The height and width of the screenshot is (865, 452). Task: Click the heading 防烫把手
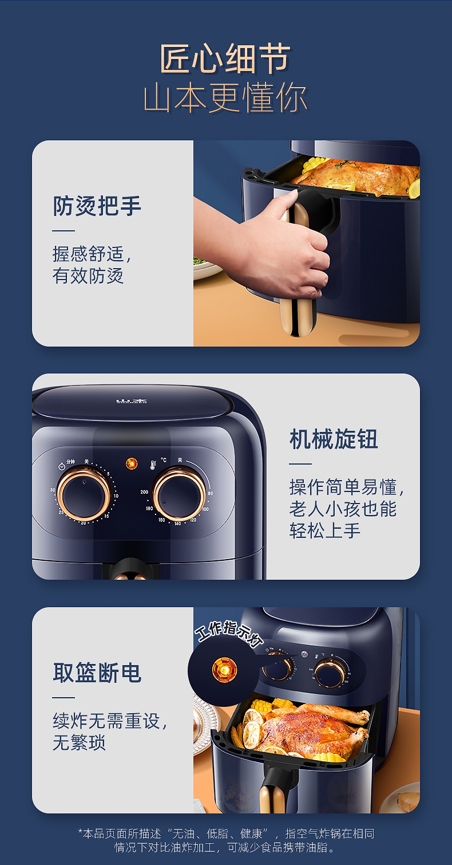(x=97, y=206)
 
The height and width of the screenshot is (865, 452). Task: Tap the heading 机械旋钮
(x=334, y=439)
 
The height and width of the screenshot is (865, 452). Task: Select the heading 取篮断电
(x=97, y=673)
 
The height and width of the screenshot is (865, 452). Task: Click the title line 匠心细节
(x=225, y=58)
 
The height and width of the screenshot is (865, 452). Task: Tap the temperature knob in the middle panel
(x=179, y=493)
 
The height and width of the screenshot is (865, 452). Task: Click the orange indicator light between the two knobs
(x=132, y=463)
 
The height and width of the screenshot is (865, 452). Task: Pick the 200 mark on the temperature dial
(x=144, y=492)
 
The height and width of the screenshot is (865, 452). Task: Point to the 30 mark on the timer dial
(x=53, y=490)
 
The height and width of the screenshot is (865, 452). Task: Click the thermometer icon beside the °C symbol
(x=153, y=465)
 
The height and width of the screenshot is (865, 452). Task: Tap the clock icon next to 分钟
(x=62, y=466)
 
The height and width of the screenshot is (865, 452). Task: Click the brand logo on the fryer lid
(x=131, y=400)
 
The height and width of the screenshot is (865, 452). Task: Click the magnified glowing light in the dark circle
(x=224, y=670)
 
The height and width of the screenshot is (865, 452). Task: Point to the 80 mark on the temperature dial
(x=210, y=493)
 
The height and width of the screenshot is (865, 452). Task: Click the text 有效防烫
(x=88, y=276)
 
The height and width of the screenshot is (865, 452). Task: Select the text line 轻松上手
(x=325, y=530)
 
